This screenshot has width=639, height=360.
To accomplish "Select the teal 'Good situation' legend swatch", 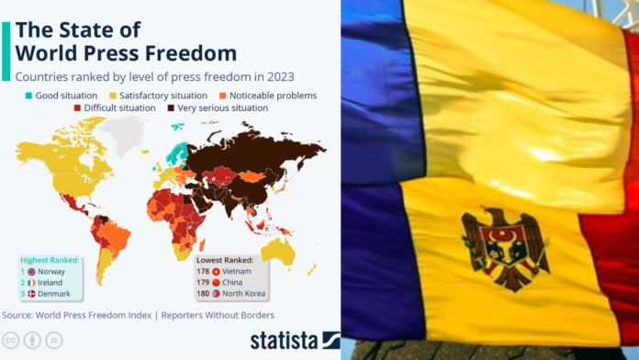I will tap(29, 96).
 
